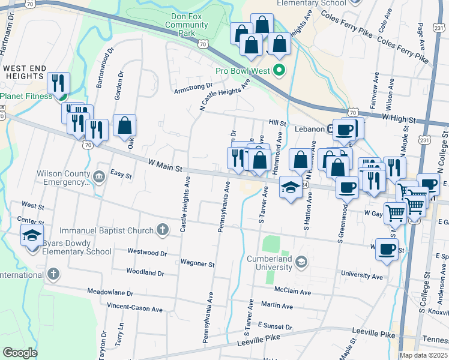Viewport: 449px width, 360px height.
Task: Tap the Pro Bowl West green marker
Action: [x=279, y=70]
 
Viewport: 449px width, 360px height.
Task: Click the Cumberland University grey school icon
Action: [x=301, y=261]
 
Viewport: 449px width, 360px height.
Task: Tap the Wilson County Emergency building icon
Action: [x=100, y=176]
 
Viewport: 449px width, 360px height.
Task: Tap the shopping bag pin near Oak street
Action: [x=124, y=126]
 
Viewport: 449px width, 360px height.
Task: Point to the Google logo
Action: [x=20, y=353]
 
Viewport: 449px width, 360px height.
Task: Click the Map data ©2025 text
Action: [x=423, y=355]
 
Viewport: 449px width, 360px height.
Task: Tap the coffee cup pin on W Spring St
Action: [x=387, y=249]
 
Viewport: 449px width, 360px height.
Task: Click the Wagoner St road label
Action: [x=197, y=263]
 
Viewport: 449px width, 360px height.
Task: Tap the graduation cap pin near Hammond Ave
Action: [x=291, y=188]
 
